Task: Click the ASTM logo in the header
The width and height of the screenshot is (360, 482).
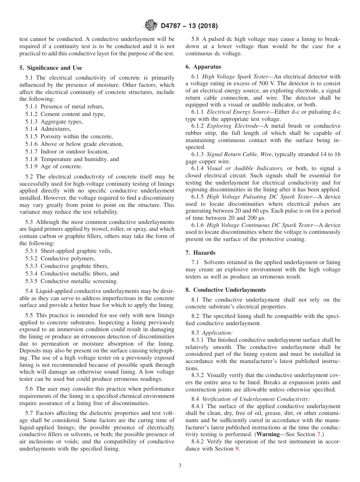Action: pos(150,26)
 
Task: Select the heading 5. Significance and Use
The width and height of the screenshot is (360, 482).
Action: pos(50,68)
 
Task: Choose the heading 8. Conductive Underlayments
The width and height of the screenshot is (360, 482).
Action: pos(225,290)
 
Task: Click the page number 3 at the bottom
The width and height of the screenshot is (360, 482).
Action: pos(180,466)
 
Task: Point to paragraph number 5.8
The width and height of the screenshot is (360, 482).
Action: pos(195,39)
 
